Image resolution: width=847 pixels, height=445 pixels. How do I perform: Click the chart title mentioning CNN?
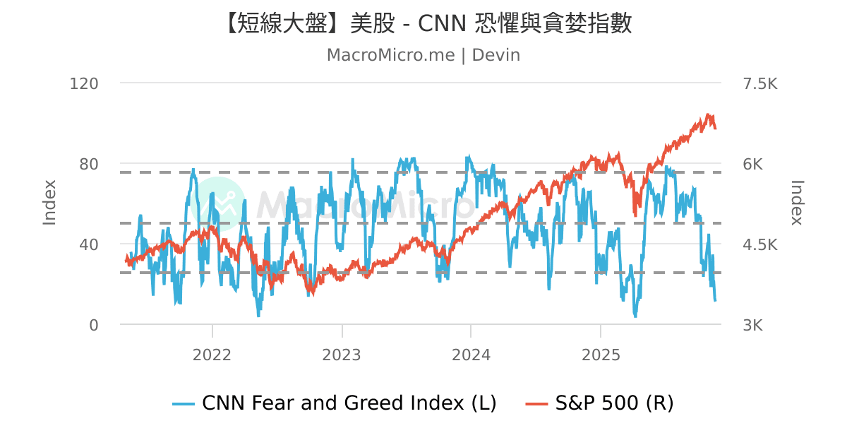tap(423, 23)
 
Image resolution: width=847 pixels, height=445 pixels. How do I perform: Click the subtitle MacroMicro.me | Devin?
tap(423, 55)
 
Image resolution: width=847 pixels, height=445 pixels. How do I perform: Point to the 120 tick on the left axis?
tap(84, 83)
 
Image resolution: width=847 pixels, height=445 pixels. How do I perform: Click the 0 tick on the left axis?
tap(94, 325)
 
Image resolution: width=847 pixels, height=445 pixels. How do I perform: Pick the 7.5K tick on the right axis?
tap(760, 83)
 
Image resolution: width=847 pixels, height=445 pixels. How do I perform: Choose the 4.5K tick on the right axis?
tap(760, 244)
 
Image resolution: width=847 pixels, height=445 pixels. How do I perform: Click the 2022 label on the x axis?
tap(212, 355)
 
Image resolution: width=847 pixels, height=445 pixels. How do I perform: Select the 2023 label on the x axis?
tap(342, 355)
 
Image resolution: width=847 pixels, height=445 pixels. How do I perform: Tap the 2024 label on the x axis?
tap(471, 355)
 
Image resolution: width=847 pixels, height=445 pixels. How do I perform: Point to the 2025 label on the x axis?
tap(600, 355)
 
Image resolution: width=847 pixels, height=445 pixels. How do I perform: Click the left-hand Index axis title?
tap(49, 203)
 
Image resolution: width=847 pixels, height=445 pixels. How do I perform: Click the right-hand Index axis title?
tap(797, 203)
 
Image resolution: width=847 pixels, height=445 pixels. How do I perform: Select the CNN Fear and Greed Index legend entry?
tap(335, 403)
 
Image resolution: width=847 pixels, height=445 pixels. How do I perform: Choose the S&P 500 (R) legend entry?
tap(600, 403)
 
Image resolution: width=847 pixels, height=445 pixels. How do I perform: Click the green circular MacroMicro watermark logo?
tap(218, 204)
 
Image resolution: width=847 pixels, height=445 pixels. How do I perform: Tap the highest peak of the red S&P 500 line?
tap(708, 114)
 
